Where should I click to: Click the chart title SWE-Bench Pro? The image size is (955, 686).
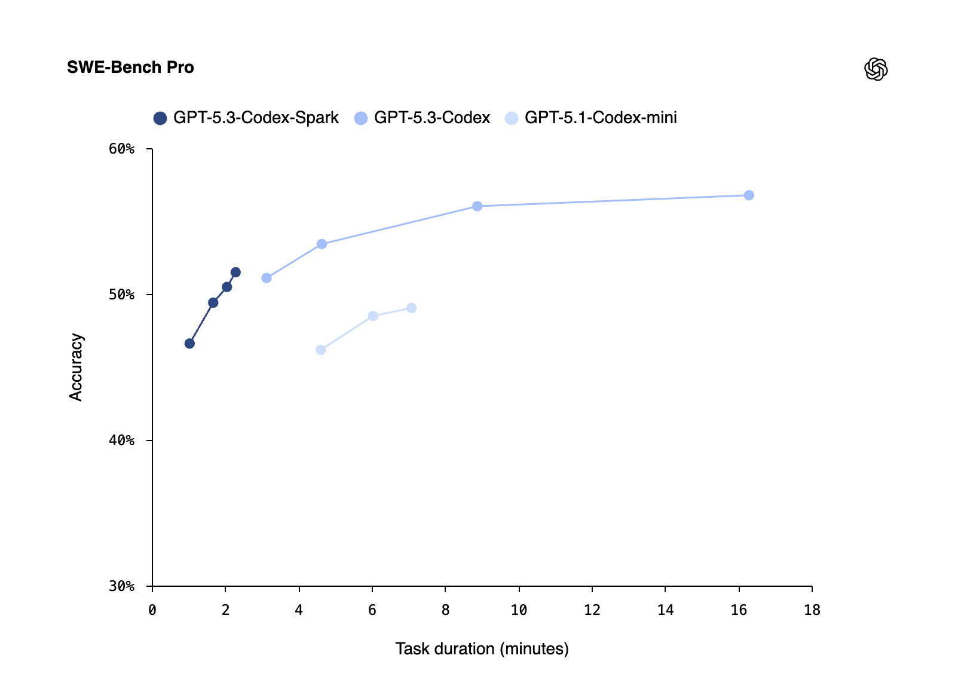pyautogui.click(x=130, y=68)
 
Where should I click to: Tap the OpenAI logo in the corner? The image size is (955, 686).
pyautogui.click(x=876, y=69)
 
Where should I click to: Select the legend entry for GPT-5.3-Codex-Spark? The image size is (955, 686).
pyautogui.click(x=255, y=118)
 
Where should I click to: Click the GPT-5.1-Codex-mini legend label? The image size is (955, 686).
pyautogui.click(x=600, y=118)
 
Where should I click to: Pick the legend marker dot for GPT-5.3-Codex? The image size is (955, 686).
pyautogui.click(x=361, y=118)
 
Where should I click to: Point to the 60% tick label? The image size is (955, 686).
pyautogui.click(x=122, y=149)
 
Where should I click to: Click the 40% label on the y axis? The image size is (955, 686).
pyautogui.click(x=122, y=440)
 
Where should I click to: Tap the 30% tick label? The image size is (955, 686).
pyautogui.click(x=122, y=586)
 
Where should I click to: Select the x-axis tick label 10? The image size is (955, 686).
pyautogui.click(x=519, y=610)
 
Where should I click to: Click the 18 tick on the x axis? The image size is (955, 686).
pyautogui.click(x=812, y=610)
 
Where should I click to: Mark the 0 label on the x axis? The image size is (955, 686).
pyautogui.click(x=152, y=610)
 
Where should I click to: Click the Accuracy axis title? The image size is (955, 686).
pyautogui.click(x=76, y=367)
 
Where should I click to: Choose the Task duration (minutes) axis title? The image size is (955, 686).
pyautogui.click(x=482, y=649)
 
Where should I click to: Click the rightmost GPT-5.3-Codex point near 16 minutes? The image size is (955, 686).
pyautogui.click(x=749, y=195)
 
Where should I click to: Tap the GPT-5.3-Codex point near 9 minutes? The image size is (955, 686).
pyautogui.click(x=478, y=206)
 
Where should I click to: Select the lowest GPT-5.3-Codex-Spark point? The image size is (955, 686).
pyautogui.click(x=189, y=344)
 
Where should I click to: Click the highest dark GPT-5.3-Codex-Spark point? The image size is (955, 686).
pyautogui.click(x=235, y=272)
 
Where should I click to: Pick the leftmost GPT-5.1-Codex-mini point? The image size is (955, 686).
pyautogui.click(x=321, y=350)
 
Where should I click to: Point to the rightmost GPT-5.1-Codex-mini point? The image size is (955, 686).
pyautogui.click(x=412, y=308)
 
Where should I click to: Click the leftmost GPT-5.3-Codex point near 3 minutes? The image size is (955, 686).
pyautogui.click(x=267, y=278)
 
